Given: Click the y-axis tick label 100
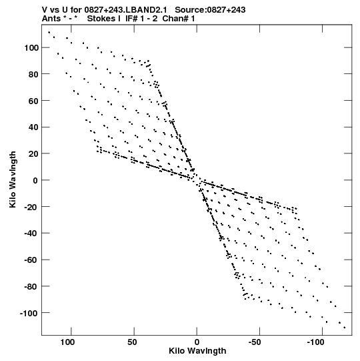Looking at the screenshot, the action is tap(31, 48).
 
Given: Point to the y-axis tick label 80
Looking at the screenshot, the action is tap(33, 74).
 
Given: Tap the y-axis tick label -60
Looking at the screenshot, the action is tap(31, 260).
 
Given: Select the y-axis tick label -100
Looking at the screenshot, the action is tap(29, 313).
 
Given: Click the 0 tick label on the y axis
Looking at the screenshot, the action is tap(35, 180).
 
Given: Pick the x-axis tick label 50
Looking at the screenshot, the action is tap(132, 342).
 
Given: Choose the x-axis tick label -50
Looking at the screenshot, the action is tap(255, 342).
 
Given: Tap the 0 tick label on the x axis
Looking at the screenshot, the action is tap(197, 342).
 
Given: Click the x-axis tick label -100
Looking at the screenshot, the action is tap(315, 342).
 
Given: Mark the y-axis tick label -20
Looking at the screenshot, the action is tap(31, 207).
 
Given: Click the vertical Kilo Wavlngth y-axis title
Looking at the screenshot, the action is tap(13, 179).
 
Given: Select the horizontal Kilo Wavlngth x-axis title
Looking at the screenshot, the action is tap(197, 351).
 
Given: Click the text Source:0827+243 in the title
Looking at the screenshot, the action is tap(210, 10).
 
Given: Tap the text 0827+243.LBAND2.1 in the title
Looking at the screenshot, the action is tap(125, 10).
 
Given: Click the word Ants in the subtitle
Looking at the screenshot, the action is tap(51, 19).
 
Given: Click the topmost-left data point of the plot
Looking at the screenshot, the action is tap(49, 33).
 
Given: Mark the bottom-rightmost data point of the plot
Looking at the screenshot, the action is tap(345, 328).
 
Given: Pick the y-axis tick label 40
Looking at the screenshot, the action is tap(33, 127).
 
